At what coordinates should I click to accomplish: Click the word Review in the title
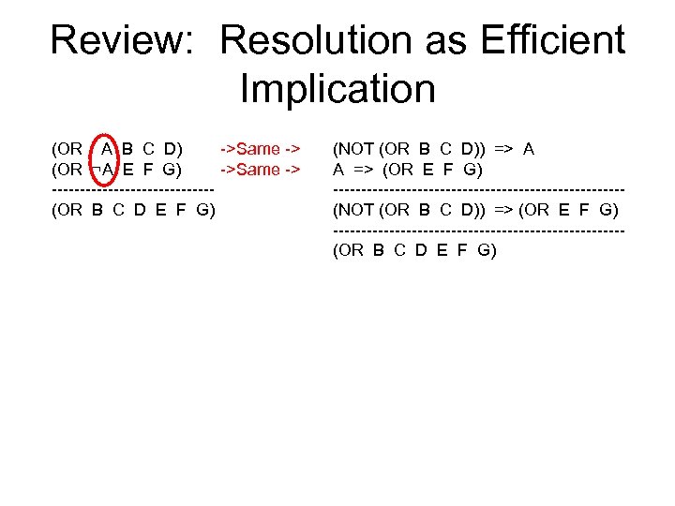coord(123,41)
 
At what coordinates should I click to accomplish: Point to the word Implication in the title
coord(337,90)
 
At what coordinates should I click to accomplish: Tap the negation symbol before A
coord(96,170)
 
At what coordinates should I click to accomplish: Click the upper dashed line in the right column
coord(478,190)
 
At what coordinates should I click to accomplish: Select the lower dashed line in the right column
coord(478,231)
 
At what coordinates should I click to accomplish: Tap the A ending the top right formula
coord(529,149)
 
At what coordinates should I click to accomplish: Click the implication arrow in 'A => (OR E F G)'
coord(365,170)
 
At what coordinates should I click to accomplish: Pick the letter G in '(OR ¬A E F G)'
coord(172,170)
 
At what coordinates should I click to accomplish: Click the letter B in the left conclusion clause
coord(97,210)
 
